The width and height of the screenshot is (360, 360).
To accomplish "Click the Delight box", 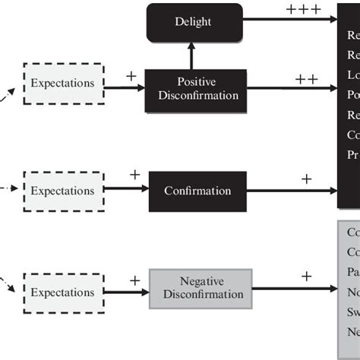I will click(x=194, y=22).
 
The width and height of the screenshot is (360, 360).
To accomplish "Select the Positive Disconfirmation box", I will click(x=196, y=89).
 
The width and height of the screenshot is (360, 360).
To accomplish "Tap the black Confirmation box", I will click(x=197, y=190).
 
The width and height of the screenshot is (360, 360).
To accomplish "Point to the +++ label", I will click(x=303, y=11).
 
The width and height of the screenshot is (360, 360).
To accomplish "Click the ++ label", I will click(x=307, y=78).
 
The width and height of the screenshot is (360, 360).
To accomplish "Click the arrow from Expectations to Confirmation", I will click(x=125, y=190).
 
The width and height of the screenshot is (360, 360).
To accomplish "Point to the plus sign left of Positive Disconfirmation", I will click(x=131, y=76).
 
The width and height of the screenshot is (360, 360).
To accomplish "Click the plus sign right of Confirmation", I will click(x=306, y=179).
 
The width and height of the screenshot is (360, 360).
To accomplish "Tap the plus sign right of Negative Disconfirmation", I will click(x=306, y=276).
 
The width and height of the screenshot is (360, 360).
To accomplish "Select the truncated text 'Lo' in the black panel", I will click(x=352, y=75).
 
